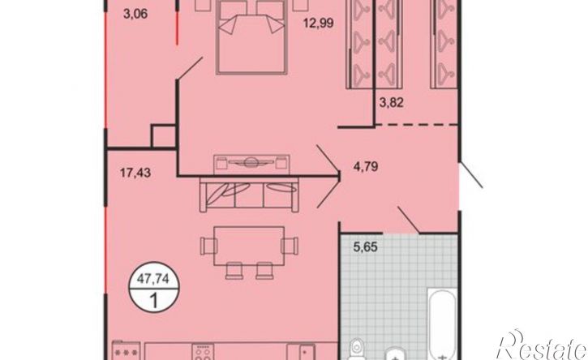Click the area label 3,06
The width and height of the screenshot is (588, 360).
point(135,15)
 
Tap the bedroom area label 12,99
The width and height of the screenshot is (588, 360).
point(319,24)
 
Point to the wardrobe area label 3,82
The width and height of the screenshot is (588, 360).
point(391,102)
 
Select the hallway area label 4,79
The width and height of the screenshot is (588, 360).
point(366,165)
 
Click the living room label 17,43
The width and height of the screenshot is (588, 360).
point(135,173)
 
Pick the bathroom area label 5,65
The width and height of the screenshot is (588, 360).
point(366,247)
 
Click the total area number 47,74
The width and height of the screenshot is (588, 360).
point(153,279)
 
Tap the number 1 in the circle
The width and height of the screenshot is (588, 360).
point(153,301)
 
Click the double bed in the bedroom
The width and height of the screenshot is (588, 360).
point(251,36)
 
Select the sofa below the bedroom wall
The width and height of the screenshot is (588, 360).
point(249,195)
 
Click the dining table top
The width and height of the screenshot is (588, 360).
point(249,246)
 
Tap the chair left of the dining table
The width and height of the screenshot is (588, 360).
point(208,246)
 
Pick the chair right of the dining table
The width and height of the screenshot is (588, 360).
point(290,246)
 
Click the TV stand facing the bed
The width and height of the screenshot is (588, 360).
point(251,164)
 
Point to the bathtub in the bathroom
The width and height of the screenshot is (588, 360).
point(443,325)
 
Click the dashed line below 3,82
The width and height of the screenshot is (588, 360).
point(417,125)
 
